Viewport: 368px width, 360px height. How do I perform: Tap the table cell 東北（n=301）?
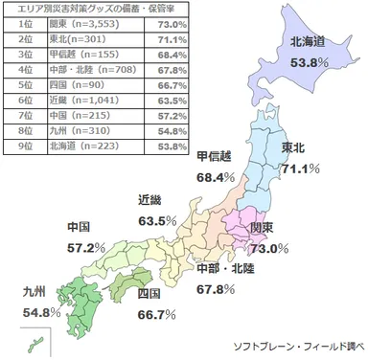coord(75,39)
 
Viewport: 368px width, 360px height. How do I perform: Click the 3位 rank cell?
coord(26,55)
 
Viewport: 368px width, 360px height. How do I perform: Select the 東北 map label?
coord(295,147)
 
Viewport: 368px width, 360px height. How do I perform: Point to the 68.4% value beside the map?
coord(215,176)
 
